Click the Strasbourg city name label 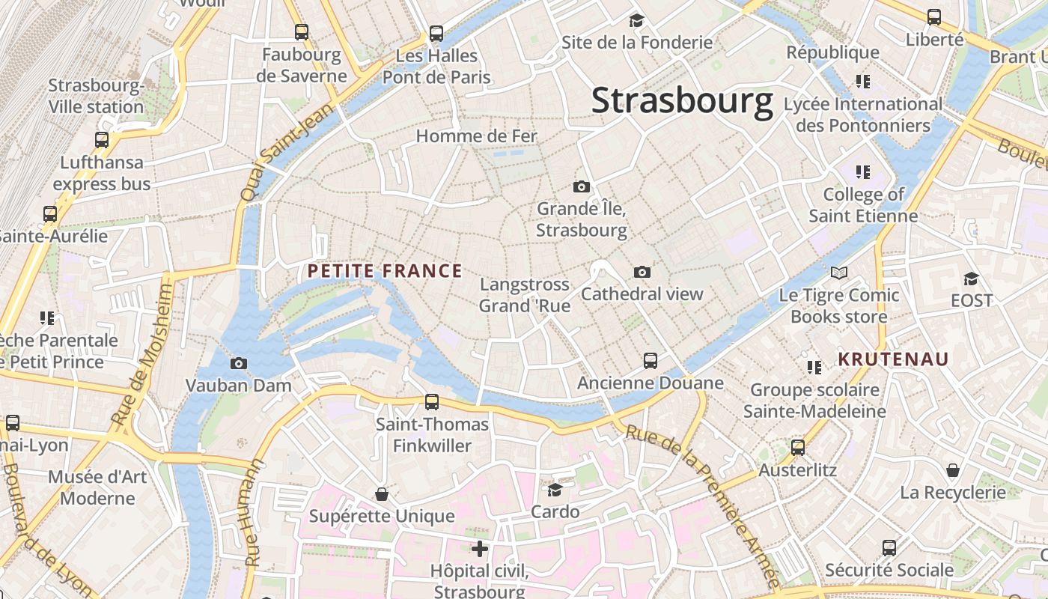682,101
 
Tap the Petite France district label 385,271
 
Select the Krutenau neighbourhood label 892,359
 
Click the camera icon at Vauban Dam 239,364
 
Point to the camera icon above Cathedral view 642,272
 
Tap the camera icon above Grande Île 581,186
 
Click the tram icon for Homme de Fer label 477,136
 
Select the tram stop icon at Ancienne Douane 651,361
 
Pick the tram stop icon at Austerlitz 798,448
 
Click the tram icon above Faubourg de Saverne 302,32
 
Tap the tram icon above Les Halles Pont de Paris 436,34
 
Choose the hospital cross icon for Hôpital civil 480,549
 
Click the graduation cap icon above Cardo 555,490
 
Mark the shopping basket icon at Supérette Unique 382,494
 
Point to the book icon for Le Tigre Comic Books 839,273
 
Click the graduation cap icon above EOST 971,279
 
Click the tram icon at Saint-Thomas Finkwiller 432,402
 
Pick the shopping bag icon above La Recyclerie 953,470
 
